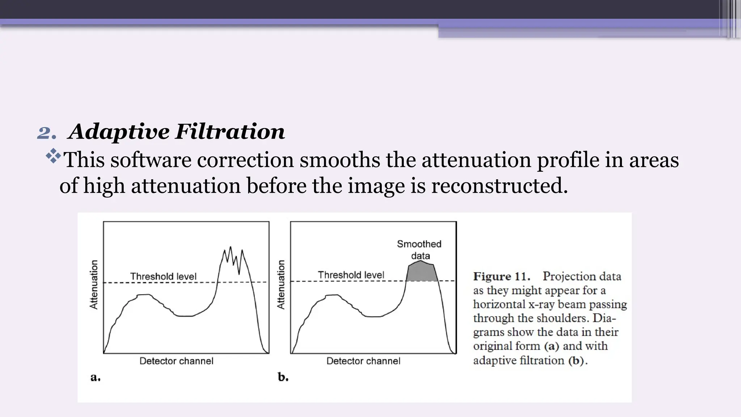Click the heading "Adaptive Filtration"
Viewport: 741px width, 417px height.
(177, 131)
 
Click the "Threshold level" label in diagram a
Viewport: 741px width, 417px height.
(163, 277)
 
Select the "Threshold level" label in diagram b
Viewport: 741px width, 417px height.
(351, 275)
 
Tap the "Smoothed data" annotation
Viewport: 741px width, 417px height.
(419, 250)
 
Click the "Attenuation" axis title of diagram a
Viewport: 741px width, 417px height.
(94, 285)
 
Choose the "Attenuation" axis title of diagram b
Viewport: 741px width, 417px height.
(281, 285)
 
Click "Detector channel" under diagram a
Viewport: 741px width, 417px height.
(176, 361)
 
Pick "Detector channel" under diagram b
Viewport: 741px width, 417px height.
(363, 361)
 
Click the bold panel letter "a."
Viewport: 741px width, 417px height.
(96, 377)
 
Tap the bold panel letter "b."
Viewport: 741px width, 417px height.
(283, 377)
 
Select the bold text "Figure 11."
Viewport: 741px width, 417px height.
(501, 277)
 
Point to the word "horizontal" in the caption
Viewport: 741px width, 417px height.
(499, 304)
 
